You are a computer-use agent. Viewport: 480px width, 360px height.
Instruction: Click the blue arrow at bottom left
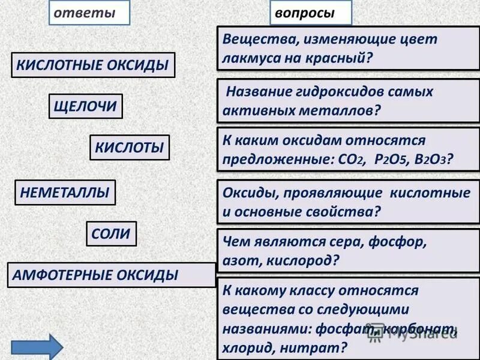click(37, 347)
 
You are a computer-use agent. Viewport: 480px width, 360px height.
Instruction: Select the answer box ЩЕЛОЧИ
click(85, 107)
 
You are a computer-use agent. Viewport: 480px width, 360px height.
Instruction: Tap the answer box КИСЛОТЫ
click(130, 148)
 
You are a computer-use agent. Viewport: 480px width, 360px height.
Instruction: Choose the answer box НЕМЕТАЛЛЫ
click(65, 193)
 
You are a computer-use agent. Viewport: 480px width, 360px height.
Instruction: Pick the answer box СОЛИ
click(112, 234)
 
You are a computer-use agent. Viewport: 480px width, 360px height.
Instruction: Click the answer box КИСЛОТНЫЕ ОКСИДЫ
click(93, 65)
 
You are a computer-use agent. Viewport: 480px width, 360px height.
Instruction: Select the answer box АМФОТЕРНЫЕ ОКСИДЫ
click(112, 275)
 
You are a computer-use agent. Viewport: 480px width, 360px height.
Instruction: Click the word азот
click(239, 261)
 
